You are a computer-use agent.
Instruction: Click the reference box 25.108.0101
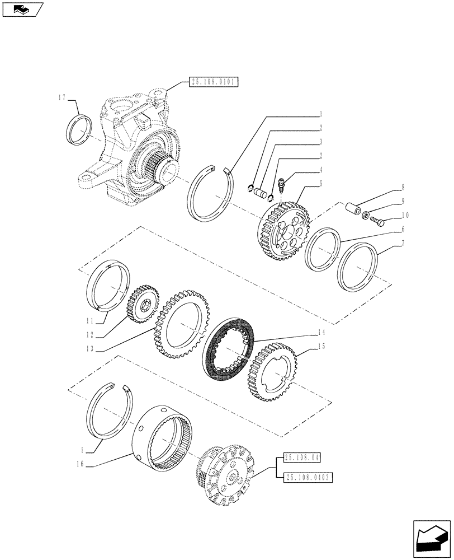tap(214, 82)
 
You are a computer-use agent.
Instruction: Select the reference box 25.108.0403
tap(309, 477)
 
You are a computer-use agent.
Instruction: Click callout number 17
tap(62, 97)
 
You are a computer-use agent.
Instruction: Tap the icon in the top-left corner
tap(22, 9)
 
